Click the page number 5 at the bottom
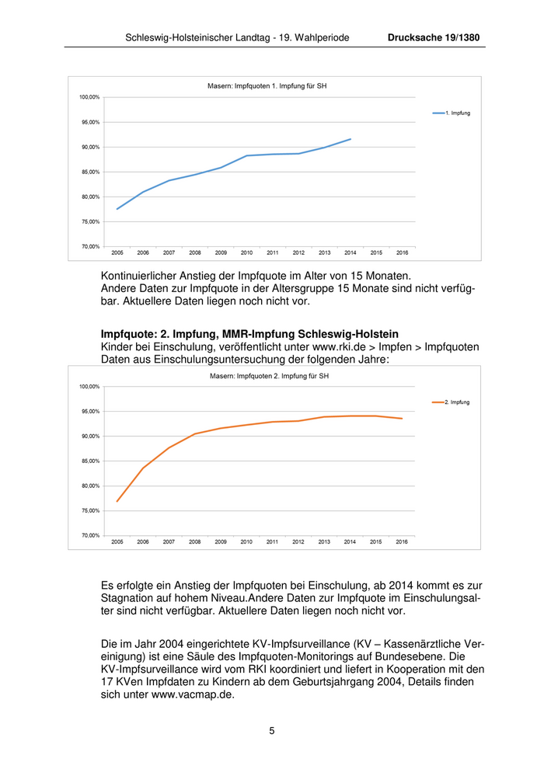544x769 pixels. click(x=272, y=730)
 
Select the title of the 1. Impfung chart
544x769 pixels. click(x=267, y=86)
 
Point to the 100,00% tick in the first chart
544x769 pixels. click(x=89, y=97)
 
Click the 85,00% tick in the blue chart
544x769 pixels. click(x=90, y=172)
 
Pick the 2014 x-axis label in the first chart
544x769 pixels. click(x=350, y=253)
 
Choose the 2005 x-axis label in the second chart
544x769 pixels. click(x=117, y=542)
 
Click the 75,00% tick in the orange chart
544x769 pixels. click(x=90, y=510)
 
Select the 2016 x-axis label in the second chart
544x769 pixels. click(x=402, y=542)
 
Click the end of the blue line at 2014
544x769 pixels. click(x=350, y=139)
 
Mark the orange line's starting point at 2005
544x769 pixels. click(x=117, y=501)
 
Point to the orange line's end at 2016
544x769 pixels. click(x=402, y=419)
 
